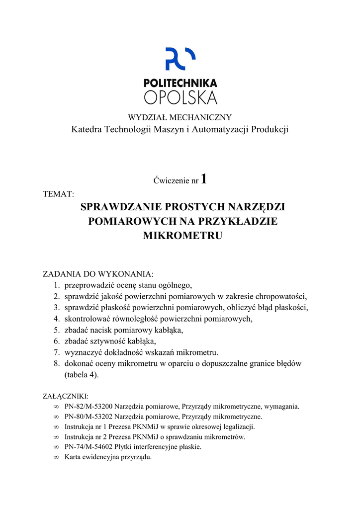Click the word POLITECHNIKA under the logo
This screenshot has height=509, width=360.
click(180, 84)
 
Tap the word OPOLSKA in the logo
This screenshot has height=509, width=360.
click(180, 97)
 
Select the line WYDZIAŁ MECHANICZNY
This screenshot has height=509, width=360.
click(180, 118)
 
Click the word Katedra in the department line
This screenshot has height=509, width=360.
click(85, 130)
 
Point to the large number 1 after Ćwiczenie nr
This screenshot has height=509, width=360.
click(203, 180)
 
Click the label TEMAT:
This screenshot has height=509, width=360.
click(58, 194)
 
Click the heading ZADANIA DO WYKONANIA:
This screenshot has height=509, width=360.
click(98, 274)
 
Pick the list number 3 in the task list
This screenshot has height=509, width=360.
click(57, 308)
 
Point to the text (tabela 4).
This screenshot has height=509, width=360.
click(82, 375)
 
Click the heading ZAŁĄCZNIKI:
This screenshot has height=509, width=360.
click(66, 396)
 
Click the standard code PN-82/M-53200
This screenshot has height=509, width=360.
click(88, 407)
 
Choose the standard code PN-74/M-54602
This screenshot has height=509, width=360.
click(88, 447)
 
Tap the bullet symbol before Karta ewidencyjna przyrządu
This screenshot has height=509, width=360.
click(56, 457)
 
